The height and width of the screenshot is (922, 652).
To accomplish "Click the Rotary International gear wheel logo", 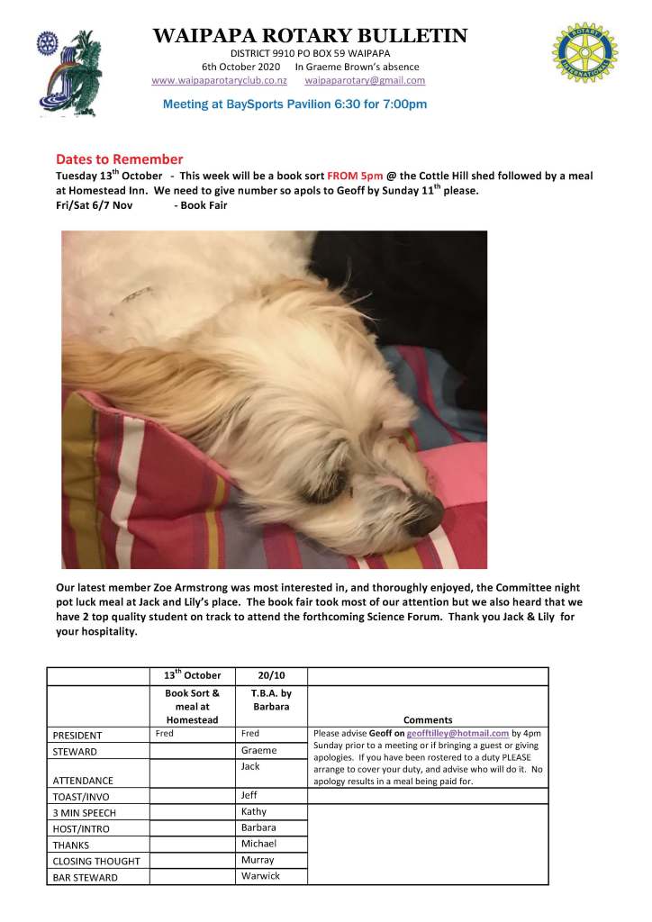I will (585, 53).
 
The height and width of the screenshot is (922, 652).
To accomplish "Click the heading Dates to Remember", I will (119, 159).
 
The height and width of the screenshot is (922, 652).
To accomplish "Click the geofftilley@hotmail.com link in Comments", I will (457, 734).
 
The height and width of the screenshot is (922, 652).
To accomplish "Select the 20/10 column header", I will (270, 676).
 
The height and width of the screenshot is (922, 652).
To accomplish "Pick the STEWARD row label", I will (75, 751).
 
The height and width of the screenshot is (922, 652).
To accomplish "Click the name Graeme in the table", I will (258, 750).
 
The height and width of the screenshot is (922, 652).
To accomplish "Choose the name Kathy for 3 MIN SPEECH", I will (254, 811).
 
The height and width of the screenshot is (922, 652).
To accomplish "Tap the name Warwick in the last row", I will (260, 876).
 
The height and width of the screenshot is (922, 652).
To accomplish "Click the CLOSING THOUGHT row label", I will (96, 861).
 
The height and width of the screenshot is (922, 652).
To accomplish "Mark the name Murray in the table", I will (258, 860).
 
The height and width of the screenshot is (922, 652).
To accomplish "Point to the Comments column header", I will (428, 719).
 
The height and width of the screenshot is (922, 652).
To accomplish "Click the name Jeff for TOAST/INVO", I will (249, 795).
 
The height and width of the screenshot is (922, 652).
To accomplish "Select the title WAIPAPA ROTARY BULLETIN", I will (311, 36).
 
